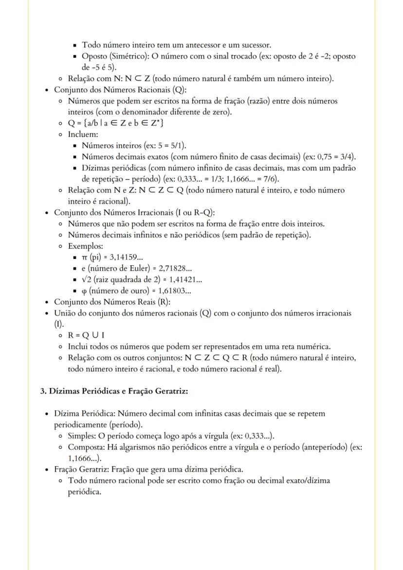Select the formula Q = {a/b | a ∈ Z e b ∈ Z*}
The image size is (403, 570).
coord(115,123)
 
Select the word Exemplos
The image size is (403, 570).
coord(85,246)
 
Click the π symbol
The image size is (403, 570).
coord(85,258)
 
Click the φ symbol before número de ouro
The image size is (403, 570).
coord(85,291)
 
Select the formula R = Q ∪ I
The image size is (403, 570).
coord(86,335)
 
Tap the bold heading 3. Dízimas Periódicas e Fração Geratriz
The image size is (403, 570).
coord(114,391)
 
